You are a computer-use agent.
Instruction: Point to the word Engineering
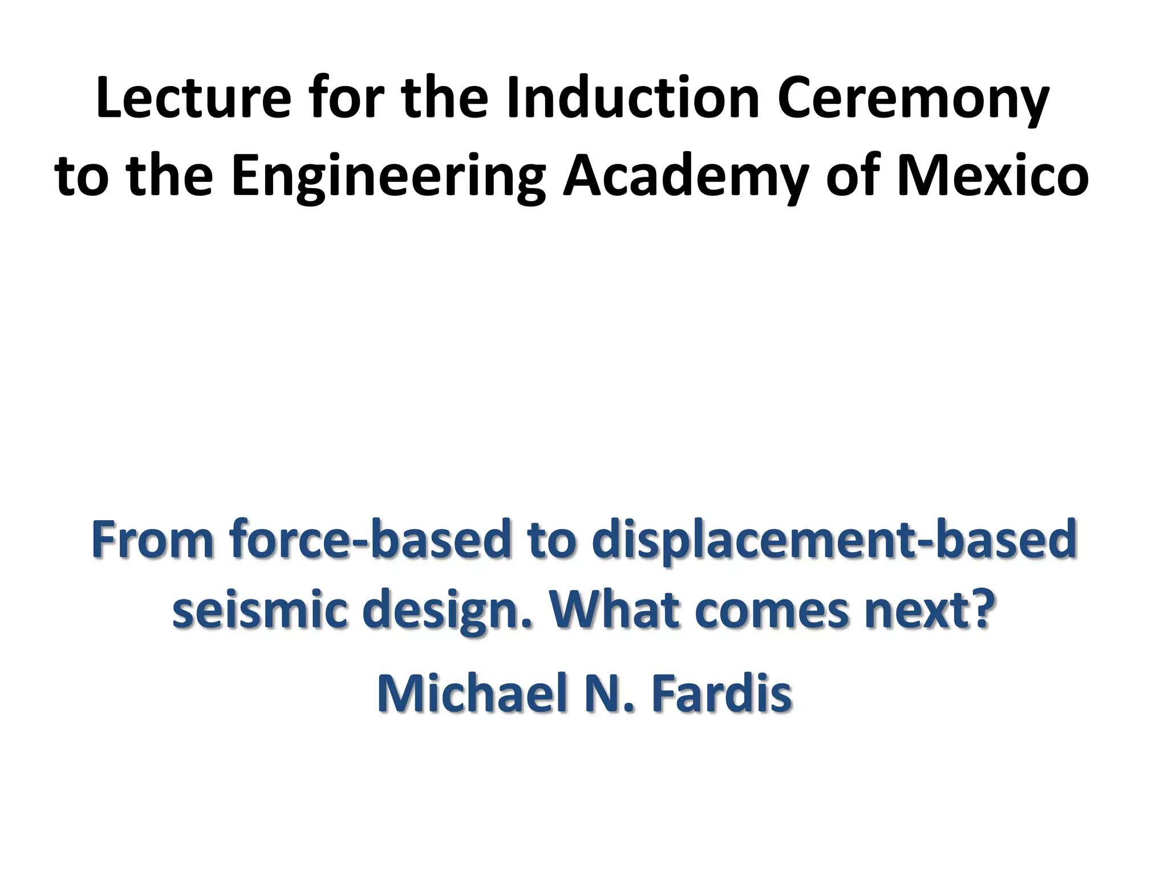388,178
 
